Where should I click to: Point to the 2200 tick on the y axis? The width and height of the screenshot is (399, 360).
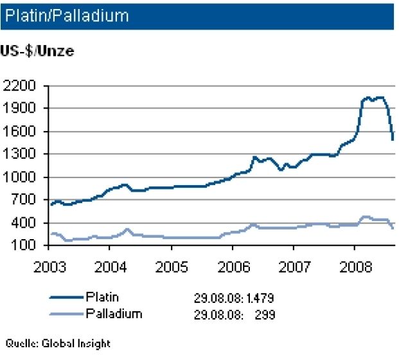[x=21, y=85]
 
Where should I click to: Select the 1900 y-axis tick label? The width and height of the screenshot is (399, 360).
[x=21, y=109]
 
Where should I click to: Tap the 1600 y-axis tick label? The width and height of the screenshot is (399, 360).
[x=21, y=132]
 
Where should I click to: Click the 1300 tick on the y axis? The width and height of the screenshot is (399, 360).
[x=21, y=154]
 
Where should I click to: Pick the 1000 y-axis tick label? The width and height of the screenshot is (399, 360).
[x=21, y=177]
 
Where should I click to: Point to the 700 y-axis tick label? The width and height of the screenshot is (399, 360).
[x=24, y=200]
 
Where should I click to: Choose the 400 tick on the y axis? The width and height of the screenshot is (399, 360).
[x=24, y=223]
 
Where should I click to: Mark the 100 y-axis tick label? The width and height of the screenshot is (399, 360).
[x=24, y=246]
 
